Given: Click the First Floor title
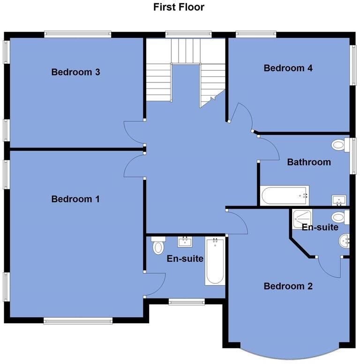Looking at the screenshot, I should tap(179, 7).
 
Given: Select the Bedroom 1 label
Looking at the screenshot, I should tap(75, 199).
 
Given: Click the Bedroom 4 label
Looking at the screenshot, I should tap(288, 68).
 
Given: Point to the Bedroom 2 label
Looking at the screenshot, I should tap(288, 286).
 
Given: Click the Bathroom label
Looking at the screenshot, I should tap(309, 162).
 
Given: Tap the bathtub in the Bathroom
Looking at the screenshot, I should tap(285, 195).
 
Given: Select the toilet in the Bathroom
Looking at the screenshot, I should tap(338, 145).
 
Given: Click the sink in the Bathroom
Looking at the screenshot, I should tap(339, 201).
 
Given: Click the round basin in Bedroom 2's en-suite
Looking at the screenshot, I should tap(344, 241).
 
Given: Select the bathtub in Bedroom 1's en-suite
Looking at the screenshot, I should tap(215, 261).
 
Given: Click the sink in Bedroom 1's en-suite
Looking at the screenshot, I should tap(185, 242).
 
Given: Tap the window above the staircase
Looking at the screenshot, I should tap(188, 34).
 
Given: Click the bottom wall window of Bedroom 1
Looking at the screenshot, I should tap(78, 321).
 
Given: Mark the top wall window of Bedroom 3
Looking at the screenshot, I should tap(77, 34).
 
